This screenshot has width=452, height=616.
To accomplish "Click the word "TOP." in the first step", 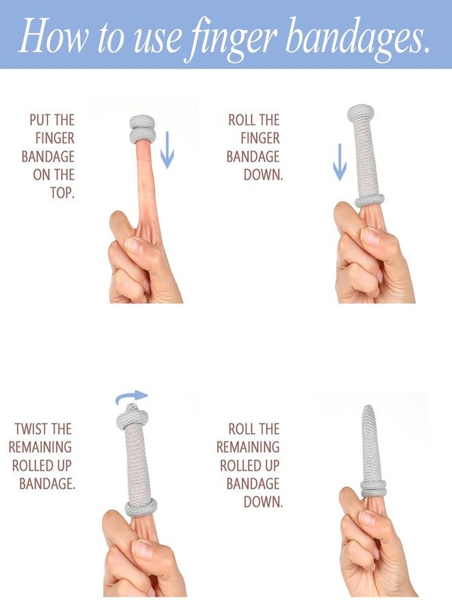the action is click(62, 193).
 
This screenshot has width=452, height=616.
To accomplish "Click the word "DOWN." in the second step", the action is click(263, 175).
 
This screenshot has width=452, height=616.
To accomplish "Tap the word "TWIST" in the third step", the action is click(32, 428).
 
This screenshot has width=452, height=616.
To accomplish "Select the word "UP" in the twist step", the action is click(64, 465).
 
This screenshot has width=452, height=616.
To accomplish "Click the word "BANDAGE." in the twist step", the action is click(47, 484).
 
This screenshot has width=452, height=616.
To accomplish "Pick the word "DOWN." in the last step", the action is click(263, 502).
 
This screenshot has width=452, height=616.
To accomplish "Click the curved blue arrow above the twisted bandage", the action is click(131, 396).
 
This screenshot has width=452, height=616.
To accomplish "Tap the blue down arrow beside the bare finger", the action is click(167, 150).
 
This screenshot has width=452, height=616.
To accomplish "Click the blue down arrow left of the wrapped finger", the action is click(340, 162).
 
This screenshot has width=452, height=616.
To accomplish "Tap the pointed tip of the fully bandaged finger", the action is click(368, 406).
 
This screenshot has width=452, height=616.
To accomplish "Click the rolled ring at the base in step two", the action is click(369, 200).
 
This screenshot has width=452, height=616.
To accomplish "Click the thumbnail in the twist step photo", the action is click(142, 549).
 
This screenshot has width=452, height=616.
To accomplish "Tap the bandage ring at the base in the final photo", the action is click(373, 487).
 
